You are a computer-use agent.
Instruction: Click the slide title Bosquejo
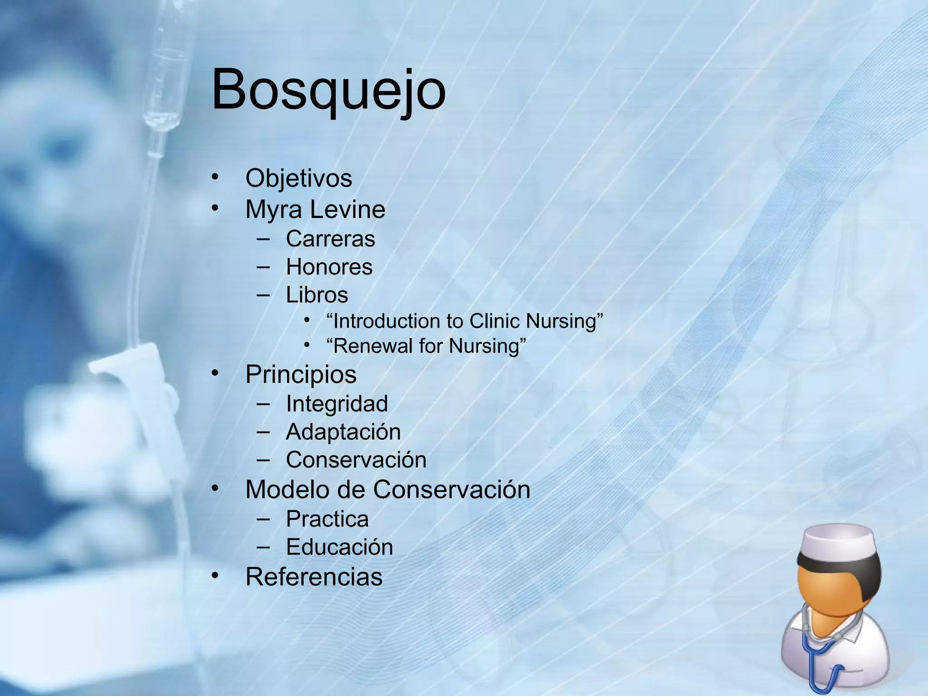329,90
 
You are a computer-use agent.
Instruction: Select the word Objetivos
299,178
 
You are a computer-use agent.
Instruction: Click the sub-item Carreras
330,239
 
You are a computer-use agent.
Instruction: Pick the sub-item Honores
329,267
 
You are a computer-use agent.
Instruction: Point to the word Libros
317,295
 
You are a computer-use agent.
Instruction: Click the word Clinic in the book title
495,321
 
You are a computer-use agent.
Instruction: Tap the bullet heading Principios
301,374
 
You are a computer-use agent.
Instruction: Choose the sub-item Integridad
337,404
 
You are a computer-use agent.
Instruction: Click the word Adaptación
343,432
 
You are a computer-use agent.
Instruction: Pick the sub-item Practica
327,519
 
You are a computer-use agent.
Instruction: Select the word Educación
339,547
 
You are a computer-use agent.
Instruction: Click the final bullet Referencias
314,577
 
